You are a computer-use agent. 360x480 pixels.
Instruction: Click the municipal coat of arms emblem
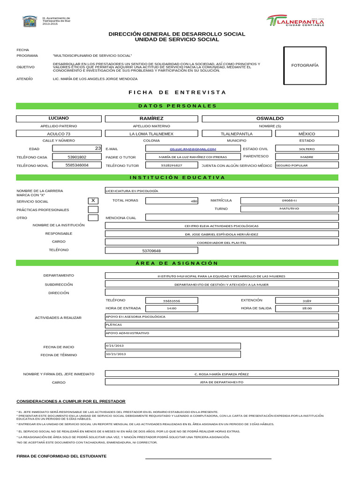30,21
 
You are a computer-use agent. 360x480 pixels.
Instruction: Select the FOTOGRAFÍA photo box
305,66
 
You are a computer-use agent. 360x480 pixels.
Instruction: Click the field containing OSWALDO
270,119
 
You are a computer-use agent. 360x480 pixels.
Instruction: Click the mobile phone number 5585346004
77,165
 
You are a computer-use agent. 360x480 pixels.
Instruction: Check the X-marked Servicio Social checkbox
93,201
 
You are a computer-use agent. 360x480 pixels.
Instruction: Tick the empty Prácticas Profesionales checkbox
93,209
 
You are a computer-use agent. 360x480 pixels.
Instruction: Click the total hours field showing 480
172,201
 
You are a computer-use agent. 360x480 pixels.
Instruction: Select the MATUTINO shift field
289,209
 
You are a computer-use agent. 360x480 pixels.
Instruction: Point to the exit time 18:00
307,308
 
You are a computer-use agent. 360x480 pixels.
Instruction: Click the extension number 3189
307,300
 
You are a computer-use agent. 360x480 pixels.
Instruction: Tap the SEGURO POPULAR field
307,165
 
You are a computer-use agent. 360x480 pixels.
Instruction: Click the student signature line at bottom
208,458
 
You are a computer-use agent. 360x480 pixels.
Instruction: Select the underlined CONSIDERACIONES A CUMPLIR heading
71,402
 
